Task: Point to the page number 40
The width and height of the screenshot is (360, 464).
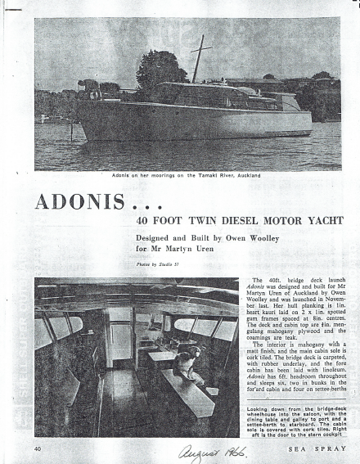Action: [38, 448]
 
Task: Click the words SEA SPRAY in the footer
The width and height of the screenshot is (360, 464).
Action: [319, 448]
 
